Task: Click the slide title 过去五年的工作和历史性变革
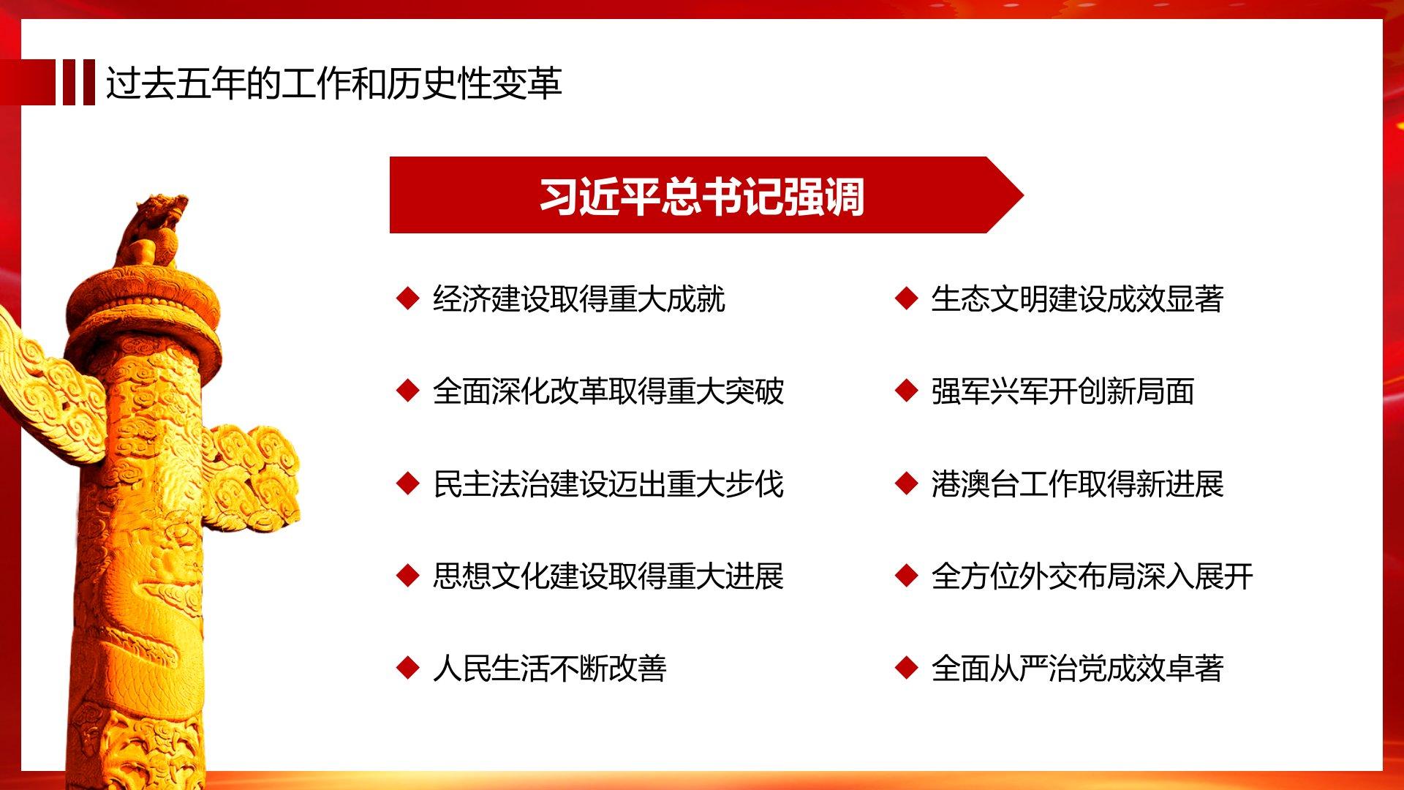tap(334, 83)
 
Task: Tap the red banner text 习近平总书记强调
tap(702, 196)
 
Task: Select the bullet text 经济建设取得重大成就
tap(578, 299)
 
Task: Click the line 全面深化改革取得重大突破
tap(608, 391)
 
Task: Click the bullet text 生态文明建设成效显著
tap(1077, 299)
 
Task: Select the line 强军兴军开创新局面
tap(1063, 391)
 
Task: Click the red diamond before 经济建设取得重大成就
tap(407, 298)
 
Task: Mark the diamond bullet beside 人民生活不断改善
tap(407, 668)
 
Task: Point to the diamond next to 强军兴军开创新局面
tap(906, 391)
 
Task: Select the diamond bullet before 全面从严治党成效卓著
tap(906, 668)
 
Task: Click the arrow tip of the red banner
tap(1023, 195)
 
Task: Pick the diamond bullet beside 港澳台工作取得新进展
tap(906, 484)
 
